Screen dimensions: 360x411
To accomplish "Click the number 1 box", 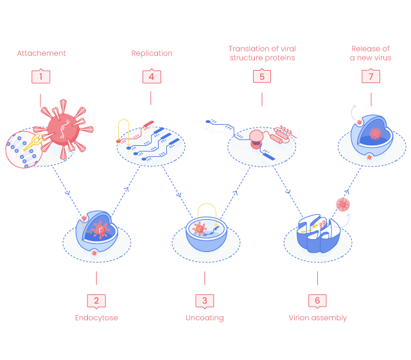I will [40, 76].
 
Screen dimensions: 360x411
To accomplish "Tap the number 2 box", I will [96, 300].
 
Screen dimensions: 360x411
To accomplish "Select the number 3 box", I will [205, 300].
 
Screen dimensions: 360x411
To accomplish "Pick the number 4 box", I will [152, 76].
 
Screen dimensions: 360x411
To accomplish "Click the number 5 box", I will [262, 76].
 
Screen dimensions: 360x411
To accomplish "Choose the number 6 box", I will [317, 300].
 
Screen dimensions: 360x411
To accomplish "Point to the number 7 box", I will [371, 76].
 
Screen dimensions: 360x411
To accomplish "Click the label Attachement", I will [41, 53].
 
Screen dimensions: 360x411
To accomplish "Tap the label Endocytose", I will [96, 318].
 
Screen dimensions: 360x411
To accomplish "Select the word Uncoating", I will [205, 318].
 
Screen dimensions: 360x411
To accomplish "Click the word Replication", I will [152, 53].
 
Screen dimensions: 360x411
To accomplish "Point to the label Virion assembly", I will [317, 318].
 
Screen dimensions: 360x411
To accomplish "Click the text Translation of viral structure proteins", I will [262, 53].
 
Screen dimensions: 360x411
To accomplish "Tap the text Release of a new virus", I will [371, 53].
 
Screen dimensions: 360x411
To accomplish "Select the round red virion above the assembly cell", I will [343, 204].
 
